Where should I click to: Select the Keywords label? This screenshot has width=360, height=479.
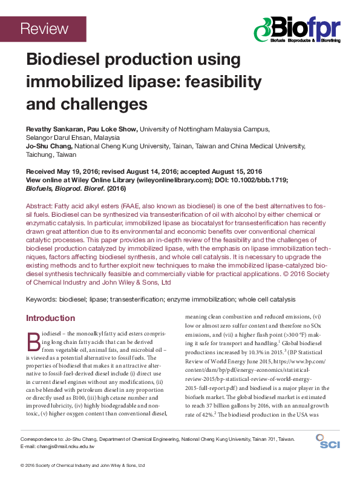[x=44, y=300]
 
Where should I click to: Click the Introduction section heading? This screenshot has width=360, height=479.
[x=50, y=318]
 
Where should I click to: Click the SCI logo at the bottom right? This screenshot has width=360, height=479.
[x=329, y=444]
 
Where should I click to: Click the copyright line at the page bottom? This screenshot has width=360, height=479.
[x=83, y=466]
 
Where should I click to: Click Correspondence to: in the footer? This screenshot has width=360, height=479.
[x=41, y=438]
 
